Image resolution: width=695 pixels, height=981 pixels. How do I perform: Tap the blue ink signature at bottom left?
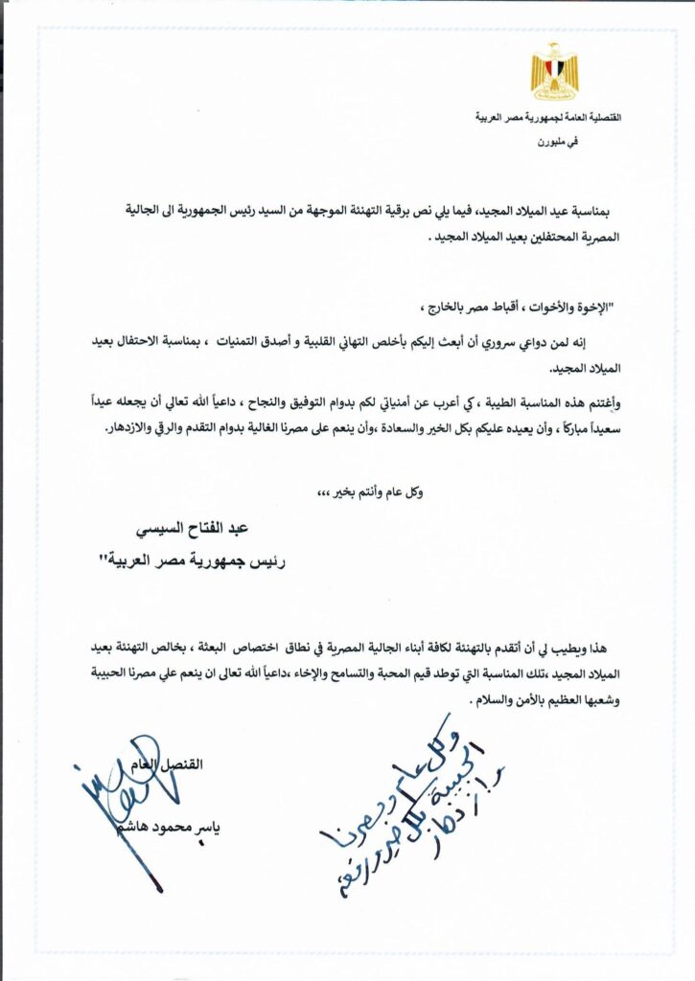(129, 795)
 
